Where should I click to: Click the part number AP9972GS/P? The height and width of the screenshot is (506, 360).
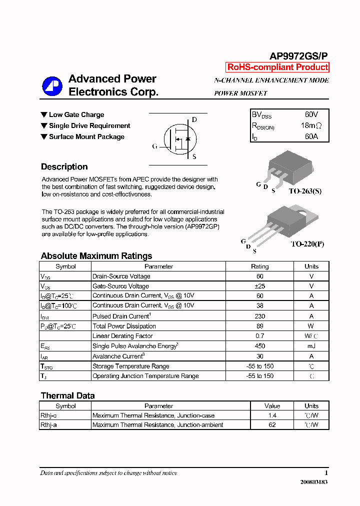tap(299, 56)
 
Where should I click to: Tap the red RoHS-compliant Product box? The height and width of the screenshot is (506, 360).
tap(277, 67)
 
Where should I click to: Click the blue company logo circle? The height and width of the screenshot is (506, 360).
tap(52, 86)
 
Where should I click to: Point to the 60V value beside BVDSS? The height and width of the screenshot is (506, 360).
tap(311, 115)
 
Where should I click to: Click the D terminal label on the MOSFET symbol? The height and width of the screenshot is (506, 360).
tap(194, 120)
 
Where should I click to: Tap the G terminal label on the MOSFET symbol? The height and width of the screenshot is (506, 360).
tap(155, 146)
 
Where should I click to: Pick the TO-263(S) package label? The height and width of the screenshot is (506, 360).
tap(305, 191)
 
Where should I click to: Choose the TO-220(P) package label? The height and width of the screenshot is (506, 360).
tap(307, 244)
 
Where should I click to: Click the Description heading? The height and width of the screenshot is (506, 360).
tap(64, 167)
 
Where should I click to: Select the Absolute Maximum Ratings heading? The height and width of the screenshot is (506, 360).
tap(96, 256)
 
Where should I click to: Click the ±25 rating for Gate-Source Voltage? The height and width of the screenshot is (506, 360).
tap(259, 286)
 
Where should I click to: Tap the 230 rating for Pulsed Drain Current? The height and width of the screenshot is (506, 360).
tap(259, 316)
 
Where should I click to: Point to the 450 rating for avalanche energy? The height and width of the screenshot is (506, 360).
tap(259, 346)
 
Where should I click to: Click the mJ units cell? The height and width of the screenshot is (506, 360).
tap(311, 346)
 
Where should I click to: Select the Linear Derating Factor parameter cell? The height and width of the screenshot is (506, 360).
tap(122, 336)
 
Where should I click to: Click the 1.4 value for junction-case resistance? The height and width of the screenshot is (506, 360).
tap(272, 415)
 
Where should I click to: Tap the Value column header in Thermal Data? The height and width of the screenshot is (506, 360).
tap(272, 406)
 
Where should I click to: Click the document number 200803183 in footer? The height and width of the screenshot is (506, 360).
tap(314, 482)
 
